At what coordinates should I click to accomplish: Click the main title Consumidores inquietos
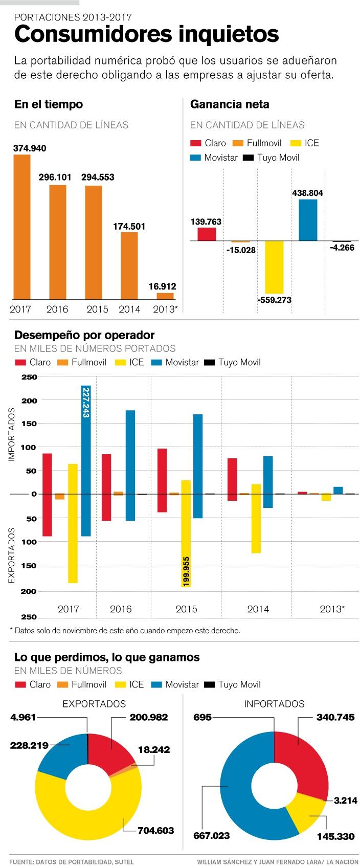click(146, 34)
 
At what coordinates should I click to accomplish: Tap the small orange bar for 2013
click(165, 296)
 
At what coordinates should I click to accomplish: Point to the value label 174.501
click(129, 226)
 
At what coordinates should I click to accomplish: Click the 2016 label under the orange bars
click(57, 309)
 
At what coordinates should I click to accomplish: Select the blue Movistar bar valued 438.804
click(308, 220)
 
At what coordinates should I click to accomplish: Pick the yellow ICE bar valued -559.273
click(274, 267)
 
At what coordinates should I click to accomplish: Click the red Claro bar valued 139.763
click(207, 234)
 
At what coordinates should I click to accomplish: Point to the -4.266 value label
click(342, 248)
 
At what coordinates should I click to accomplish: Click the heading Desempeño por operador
click(84, 335)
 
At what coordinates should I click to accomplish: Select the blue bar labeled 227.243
click(86, 460)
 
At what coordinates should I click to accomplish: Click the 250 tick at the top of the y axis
click(30, 377)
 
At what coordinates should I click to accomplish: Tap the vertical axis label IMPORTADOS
click(12, 434)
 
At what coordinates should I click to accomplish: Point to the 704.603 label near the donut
click(156, 830)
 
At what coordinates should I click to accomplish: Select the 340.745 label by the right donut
click(335, 717)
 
